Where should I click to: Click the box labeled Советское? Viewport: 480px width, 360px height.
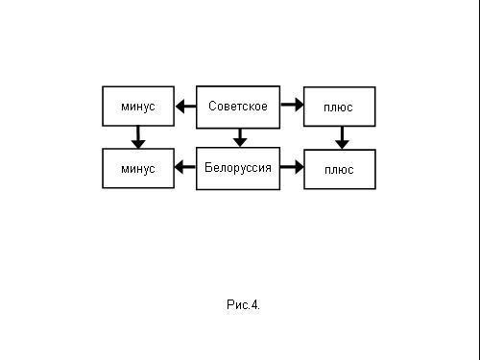point(238,107)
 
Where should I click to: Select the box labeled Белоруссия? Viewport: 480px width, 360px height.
point(238,168)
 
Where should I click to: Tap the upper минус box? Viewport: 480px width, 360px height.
point(138,107)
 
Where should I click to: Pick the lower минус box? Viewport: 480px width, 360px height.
point(138,168)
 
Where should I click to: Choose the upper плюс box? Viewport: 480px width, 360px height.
point(339,107)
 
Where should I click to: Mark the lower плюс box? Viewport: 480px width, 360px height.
point(339,168)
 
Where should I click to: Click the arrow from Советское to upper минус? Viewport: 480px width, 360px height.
point(186,107)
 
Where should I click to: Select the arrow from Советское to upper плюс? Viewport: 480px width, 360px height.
point(292,103)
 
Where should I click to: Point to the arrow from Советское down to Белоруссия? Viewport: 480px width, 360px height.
point(240,138)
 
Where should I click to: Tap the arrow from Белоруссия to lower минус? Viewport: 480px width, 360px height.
point(186,168)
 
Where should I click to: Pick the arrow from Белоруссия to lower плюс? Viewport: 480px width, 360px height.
point(292,168)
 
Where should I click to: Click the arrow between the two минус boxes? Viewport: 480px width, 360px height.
point(138,137)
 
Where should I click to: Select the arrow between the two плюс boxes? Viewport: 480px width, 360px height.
point(341,138)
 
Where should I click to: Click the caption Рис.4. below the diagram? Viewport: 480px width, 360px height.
point(243,305)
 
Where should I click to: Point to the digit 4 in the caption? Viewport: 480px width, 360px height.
point(254,305)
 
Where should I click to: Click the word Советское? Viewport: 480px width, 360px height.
point(238,106)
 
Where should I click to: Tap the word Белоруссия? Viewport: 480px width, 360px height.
point(238,168)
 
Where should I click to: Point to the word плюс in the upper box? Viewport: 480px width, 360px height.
point(339,108)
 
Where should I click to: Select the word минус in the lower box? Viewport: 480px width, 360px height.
point(138,169)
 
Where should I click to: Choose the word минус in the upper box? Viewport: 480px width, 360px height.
point(138,107)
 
